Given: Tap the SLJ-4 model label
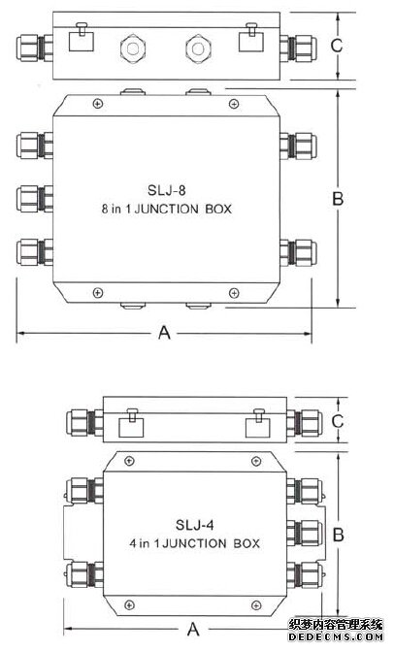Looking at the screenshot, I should tap(196, 526).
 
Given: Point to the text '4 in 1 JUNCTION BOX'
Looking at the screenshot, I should tap(196, 544).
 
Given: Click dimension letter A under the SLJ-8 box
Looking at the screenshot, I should tap(164, 334).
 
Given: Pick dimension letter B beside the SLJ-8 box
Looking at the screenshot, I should tap(338, 199).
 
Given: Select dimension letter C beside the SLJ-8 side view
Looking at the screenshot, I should tap(337, 46).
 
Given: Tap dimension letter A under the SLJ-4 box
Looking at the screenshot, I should tap(193, 626).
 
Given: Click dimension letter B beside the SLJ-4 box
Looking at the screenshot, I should tap(338, 535).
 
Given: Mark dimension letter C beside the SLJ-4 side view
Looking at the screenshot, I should tap(337, 420).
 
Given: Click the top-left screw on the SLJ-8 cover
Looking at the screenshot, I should tap(95, 104).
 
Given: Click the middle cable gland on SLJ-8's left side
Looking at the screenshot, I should tap(35, 200).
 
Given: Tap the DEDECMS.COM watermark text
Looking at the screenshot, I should tap(340, 640).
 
